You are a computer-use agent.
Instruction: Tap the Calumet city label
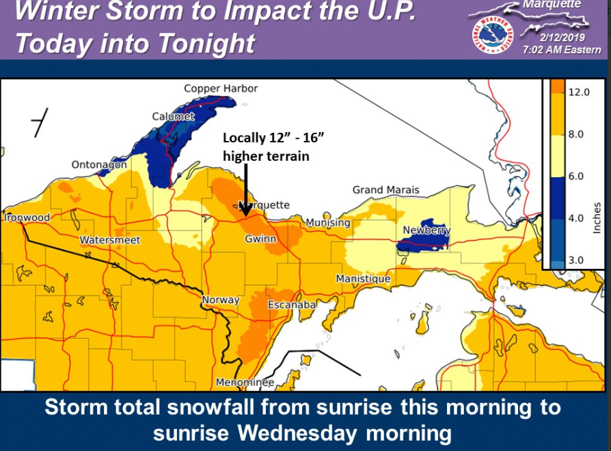174,116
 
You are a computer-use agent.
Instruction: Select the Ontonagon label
99,164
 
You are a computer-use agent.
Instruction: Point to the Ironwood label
27,218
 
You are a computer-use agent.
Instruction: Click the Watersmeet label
110,240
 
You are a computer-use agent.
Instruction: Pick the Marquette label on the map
264,205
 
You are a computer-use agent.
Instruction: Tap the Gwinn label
260,239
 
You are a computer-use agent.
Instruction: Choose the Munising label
328,222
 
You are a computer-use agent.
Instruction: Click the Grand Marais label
386,190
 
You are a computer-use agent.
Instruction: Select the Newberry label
426,230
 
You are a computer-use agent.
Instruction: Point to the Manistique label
363,279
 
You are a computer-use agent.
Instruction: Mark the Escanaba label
291,304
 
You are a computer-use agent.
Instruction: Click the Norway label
221,300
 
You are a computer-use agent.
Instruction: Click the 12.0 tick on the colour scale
578,92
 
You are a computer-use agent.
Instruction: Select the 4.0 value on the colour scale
575,218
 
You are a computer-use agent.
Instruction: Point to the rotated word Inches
597,217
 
